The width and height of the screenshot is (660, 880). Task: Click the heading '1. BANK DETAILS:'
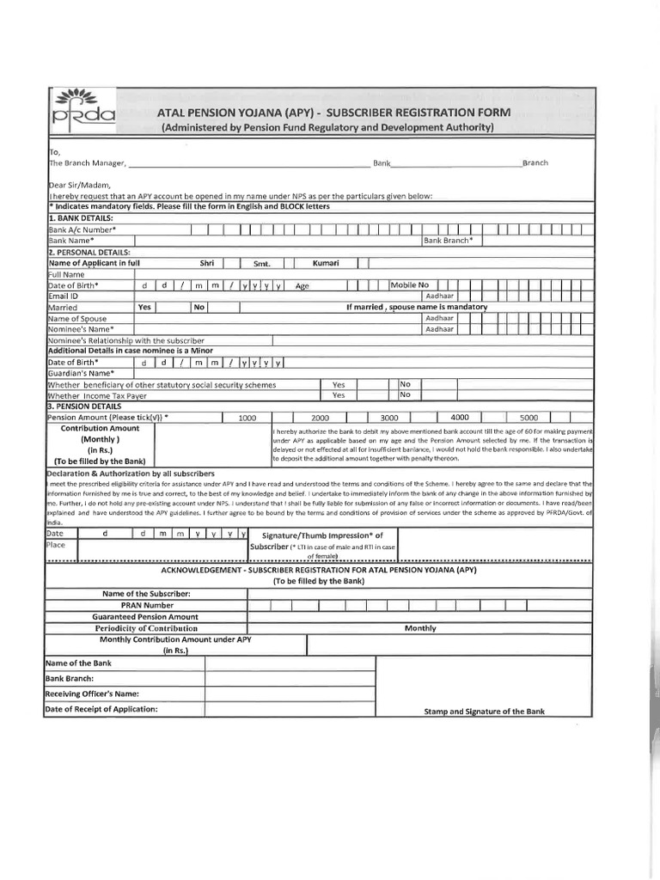coord(82,218)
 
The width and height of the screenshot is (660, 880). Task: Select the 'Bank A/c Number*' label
coord(82,229)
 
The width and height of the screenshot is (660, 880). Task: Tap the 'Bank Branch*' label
coord(447,241)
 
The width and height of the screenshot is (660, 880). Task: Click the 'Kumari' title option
coord(327,263)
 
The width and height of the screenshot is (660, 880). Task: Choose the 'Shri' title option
coord(207,263)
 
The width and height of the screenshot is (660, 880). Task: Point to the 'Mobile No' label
coord(410,284)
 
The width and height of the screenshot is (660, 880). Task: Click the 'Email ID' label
coord(63,296)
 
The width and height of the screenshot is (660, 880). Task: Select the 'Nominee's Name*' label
coord(81,329)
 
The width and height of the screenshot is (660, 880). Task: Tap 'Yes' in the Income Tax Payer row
coord(339,395)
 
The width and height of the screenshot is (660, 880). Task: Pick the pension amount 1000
coord(247,418)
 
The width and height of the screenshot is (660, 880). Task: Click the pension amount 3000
coord(376,418)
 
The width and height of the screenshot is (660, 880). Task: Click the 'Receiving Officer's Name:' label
coord(91,694)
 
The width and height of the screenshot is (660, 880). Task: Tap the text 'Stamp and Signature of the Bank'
coord(485,712)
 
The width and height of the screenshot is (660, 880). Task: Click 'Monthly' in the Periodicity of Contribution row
coord(420,628)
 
